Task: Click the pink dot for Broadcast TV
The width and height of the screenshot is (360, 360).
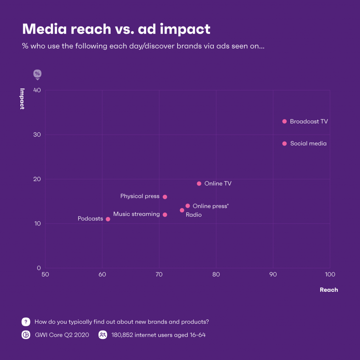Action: (x=284, y=121)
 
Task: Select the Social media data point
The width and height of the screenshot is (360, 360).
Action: (x=284, y=143)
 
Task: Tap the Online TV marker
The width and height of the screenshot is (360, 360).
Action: (x=199, y=184)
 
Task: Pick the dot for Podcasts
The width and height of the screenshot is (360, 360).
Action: (x=108, y=219)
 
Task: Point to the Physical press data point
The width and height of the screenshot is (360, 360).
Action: (x=165, y=197)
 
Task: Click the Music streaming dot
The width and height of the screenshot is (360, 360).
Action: (x=165, y=214)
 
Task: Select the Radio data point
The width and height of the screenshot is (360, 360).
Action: (x=182, y=210)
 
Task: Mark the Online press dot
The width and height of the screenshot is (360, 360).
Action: (x=188, y=206)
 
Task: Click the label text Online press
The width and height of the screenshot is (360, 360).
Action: (x=210, y=206)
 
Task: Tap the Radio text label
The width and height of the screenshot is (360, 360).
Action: (x=194, y=215)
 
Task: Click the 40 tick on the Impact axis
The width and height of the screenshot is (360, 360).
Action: (x=38, y=90)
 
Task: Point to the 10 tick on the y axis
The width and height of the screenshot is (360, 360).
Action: (x=38, y=224)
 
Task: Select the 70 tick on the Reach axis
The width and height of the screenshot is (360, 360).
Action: (x=159, y=274)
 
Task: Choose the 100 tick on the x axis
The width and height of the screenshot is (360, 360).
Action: (x=330, y=274)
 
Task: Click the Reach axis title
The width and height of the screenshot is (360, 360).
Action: (x=329, y=290)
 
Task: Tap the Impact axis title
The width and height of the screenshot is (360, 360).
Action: (x=22, y=99)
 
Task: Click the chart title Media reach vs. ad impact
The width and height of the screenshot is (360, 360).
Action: (x=116, y=29)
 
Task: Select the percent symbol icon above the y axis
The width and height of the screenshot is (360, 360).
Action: (x=37, y=73)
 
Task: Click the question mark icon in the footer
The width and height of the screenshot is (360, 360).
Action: (x=26, y=322)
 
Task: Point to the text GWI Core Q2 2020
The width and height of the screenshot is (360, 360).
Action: (x=62, y=335)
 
